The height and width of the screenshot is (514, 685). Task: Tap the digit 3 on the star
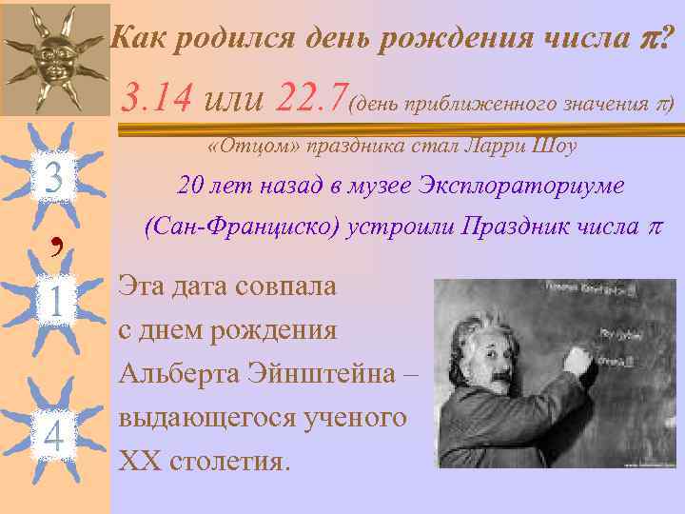(x=53, y=178)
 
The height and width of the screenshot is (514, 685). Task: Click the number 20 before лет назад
(x=191, y=186)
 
